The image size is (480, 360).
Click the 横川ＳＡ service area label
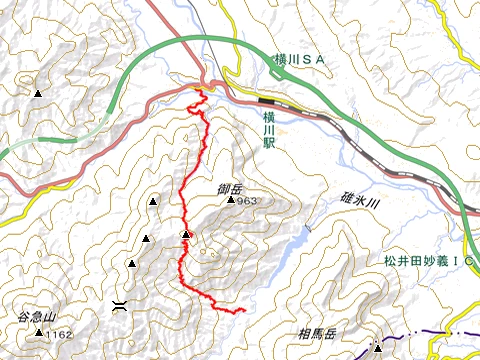tap(306, 61)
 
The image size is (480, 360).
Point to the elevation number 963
tap(248, 201)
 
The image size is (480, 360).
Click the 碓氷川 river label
tap(355, 203)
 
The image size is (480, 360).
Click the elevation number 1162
tap(59, 333)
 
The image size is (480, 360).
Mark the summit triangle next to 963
tap(231, 200)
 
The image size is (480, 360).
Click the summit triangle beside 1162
tap(39, 333)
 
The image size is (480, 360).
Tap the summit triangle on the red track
tap(186, 235)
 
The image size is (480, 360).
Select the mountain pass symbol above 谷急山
tap(120, 303)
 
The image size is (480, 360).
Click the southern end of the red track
tap(244, 312)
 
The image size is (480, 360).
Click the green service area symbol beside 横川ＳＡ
tap(275, 61)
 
